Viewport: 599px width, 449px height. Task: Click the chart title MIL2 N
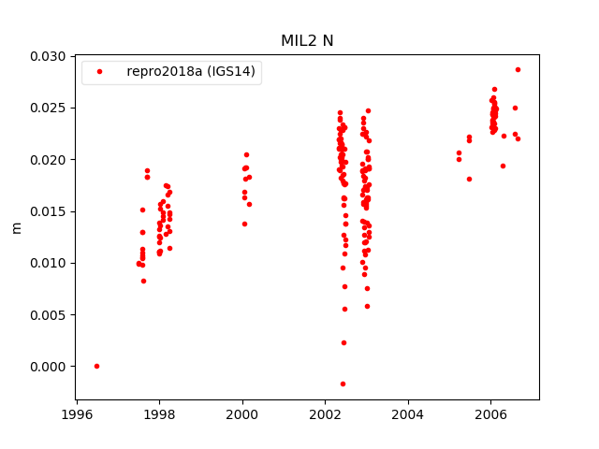coord(307,41)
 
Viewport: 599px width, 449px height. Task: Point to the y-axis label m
coord(16,227)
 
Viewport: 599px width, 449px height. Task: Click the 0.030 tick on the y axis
coord(48,56)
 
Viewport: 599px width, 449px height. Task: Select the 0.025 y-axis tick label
coord(48,108)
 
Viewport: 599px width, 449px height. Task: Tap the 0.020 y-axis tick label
coord(48,160)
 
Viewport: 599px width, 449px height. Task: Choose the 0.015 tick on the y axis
coord(48,211)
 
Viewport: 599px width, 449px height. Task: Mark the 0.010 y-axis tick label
coord(48,263)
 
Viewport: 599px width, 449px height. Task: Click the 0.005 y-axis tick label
coord(48,314)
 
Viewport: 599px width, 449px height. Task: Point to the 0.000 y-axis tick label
coord(48,367)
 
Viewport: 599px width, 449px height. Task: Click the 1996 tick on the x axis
coord(77,414)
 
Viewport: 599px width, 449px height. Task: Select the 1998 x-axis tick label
coord(159,414)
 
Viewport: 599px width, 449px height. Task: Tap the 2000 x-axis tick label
coord(242,414)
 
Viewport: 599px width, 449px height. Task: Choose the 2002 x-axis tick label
coord(325,414)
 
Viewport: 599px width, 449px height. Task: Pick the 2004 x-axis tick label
coord(408,414)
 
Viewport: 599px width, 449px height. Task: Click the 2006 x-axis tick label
coord(490,414)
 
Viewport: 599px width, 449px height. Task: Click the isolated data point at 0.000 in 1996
coord(96,366)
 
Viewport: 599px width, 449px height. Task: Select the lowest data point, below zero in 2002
coord(343,384)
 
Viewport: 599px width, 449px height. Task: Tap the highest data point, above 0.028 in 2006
coord(518,69)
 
